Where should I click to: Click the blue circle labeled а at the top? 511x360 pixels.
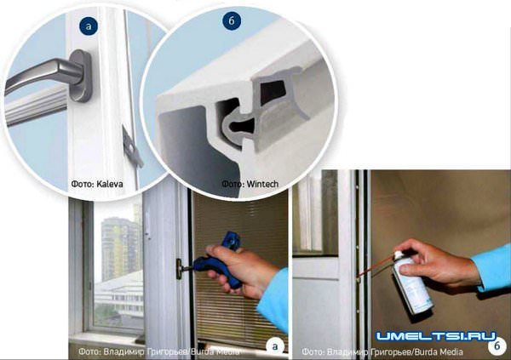tap(89, 26)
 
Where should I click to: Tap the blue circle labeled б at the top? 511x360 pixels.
tap(232, 20)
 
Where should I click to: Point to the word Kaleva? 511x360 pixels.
tap(110, 184)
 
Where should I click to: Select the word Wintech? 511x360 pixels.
tap(262, 184)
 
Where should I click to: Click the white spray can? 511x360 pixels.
tap(413, 283)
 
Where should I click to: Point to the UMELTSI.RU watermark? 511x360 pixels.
tap(436, 336)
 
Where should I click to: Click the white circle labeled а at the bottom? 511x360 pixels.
tap(275, 346)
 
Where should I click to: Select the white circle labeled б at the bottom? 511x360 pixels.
tap(497, 346)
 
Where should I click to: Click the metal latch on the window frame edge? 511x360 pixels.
tap(131, 146)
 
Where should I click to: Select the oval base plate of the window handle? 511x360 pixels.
tap(81, 76)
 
